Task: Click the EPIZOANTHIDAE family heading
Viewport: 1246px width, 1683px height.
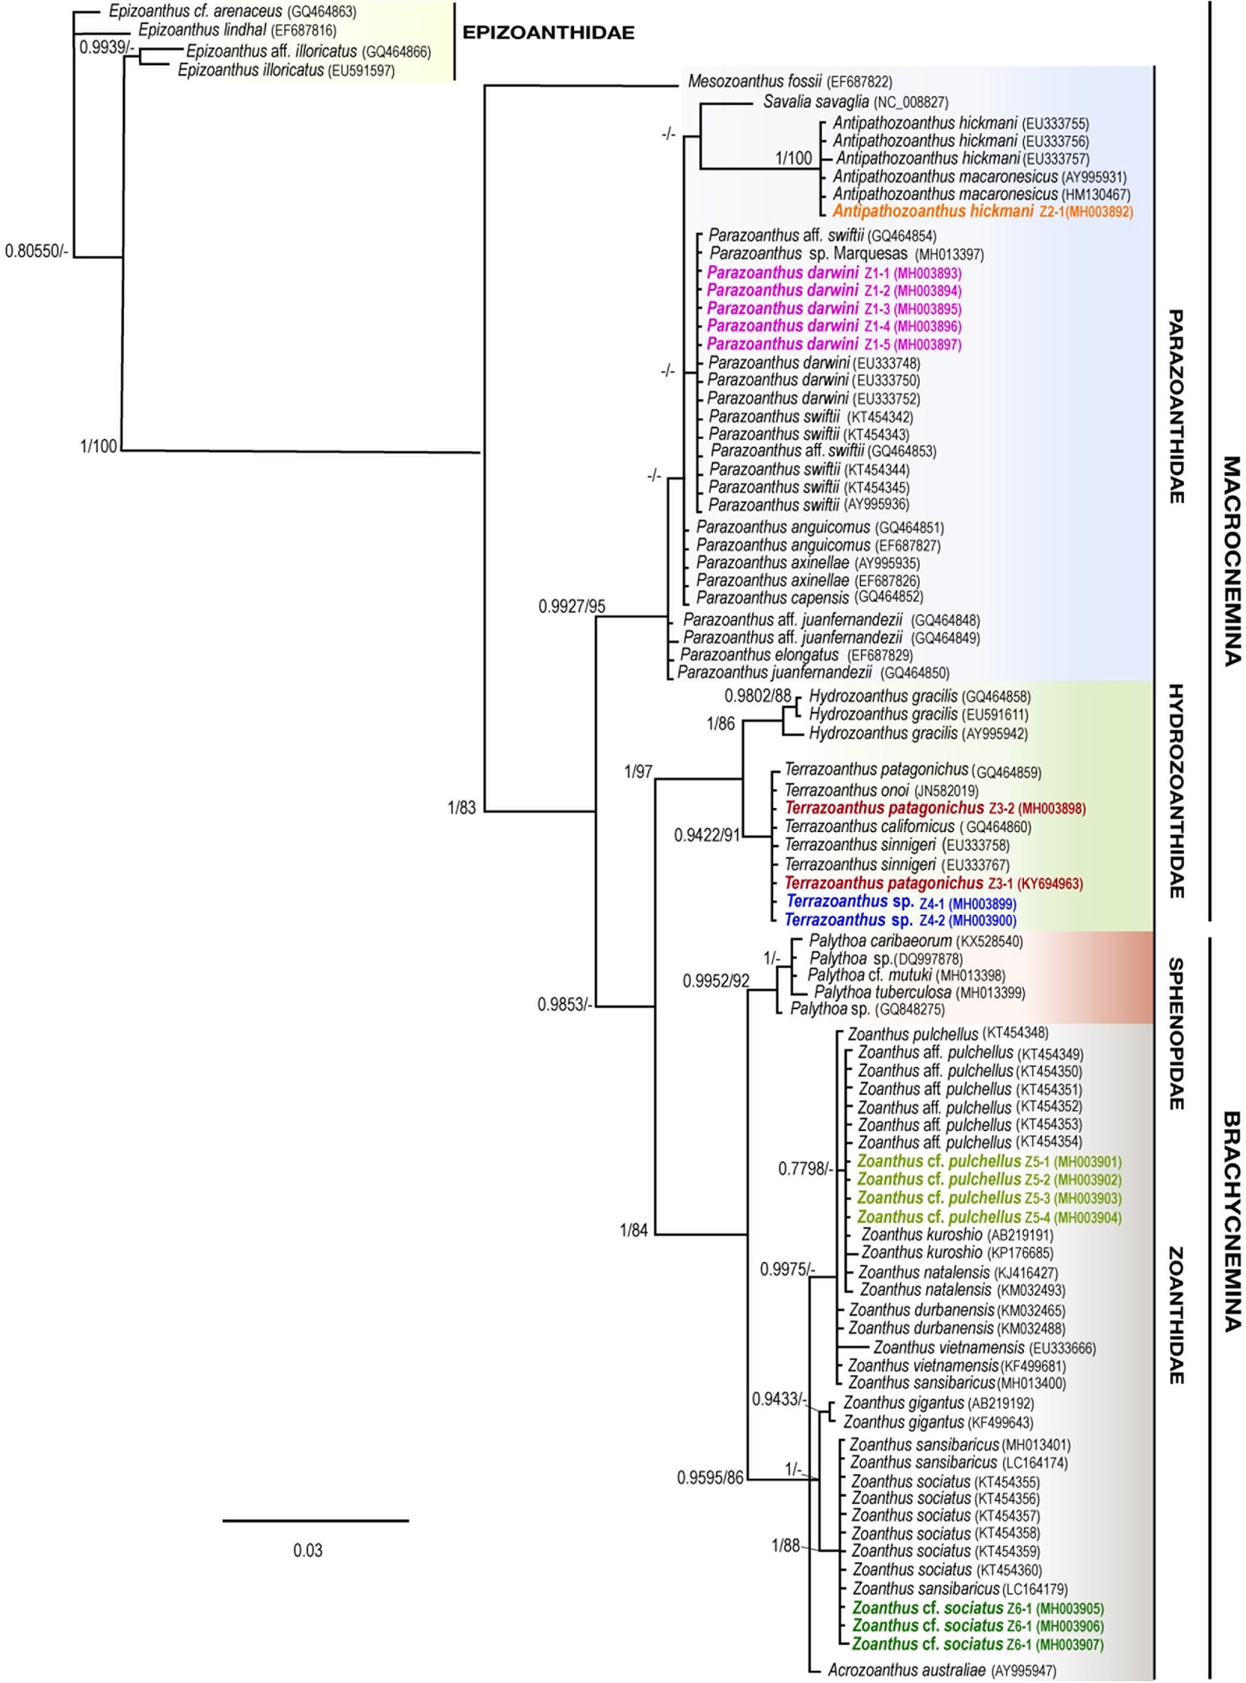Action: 547,32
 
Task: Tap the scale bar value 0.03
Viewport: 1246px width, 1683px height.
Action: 307,1550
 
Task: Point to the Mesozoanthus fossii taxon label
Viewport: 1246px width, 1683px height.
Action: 789,82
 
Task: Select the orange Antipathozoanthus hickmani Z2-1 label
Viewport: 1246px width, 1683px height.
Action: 982,211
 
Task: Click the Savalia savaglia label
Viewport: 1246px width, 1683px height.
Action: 855,102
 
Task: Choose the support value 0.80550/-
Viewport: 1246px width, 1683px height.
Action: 36,251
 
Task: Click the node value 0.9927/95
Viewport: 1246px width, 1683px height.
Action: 572,606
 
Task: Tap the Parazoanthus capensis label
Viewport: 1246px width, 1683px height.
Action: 809,597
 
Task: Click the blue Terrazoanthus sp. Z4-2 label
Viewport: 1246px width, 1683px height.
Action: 900,920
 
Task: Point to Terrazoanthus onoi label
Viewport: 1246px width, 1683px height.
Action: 881,791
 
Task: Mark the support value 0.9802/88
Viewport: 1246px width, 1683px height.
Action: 757,695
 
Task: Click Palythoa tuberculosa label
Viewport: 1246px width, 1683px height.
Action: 919,992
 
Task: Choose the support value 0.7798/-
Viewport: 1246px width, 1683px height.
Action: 805,1169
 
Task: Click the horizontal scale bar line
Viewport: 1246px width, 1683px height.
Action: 315,1520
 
